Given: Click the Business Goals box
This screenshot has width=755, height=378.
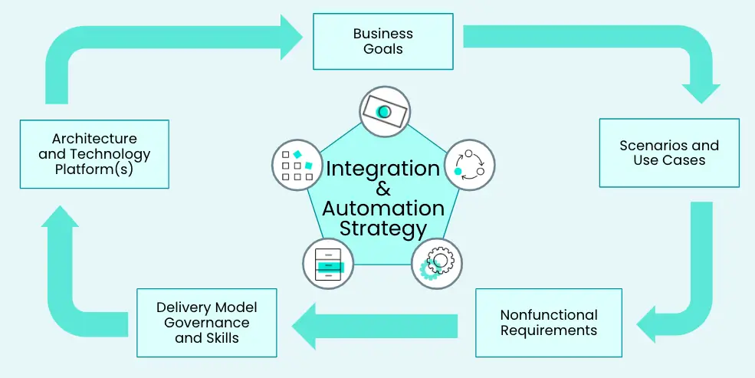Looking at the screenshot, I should click(x=382, y=41).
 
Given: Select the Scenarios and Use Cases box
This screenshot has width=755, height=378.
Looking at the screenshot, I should click(x=669, y=153).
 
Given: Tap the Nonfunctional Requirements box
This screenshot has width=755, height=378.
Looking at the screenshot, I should click(x=548, y=323).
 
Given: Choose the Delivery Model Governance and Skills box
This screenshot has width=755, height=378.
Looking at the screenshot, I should click(x=206, y=323).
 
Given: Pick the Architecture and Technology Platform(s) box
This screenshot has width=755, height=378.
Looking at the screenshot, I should click(x=94, y=153).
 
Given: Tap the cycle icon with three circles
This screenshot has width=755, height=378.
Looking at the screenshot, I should click(x=468, y=163).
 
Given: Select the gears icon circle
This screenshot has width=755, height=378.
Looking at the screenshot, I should click(x=437, y=263).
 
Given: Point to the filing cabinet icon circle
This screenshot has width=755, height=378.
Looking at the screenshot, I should click(x=328, y=263).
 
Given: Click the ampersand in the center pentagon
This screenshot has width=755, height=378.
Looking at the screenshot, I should click(x=383, y=189).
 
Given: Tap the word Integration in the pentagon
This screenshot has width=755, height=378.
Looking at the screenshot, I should click(x=382, y=169).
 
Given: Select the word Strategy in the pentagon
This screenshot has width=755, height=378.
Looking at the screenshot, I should click(x=383, y=228).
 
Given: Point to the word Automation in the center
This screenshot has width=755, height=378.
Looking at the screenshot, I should click(x=383, y=209).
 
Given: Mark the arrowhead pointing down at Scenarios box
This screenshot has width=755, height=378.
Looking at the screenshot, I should click(x=701, y=90).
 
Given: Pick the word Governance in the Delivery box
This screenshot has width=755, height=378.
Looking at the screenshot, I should click(x=206, y=323).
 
